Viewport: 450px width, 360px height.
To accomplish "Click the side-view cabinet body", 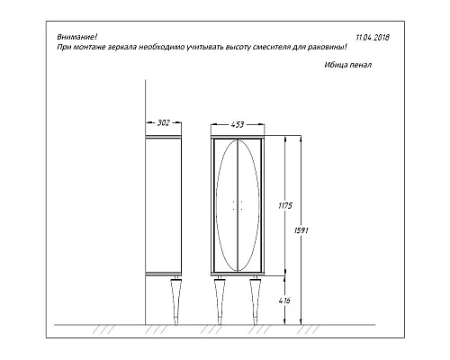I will pos(165,203).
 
